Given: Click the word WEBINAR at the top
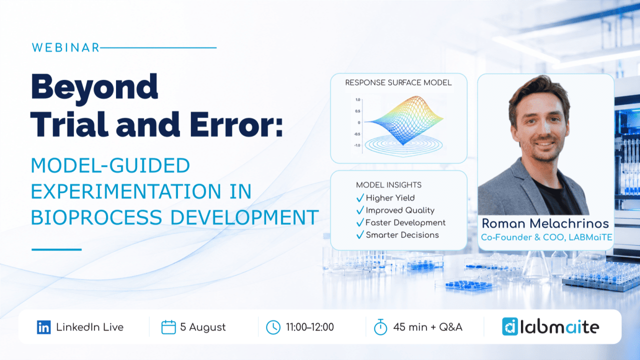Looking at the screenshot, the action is click(65, 47).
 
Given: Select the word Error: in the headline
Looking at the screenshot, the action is click(236, 124).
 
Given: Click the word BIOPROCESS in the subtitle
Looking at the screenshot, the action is click(96, 217).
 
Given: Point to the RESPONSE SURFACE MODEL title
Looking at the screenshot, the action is click(398, 82).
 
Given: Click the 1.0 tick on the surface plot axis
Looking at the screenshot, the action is click(357, 99).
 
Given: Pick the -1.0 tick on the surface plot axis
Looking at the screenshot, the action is click(357, 145).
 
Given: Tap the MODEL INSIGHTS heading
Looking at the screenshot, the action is click(388, 185).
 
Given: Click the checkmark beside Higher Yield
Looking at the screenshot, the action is click(360, 197).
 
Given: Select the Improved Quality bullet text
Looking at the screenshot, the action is click(400, 210).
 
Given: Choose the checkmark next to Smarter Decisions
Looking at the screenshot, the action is click(360, 234).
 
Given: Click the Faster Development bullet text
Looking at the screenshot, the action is click(405, 222).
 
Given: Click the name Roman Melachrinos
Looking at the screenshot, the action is click(545, 223).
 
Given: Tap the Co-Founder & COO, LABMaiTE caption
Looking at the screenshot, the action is click(546, 237).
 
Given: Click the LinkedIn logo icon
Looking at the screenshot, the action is click(43, 327).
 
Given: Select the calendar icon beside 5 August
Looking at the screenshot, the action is click(168, 327).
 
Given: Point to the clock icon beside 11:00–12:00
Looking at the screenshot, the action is click(273, 327).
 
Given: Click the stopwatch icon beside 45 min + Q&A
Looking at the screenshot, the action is click(380, 327).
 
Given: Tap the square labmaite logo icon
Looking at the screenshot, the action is click(509, 326).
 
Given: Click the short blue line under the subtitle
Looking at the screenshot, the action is click(56, 249).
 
